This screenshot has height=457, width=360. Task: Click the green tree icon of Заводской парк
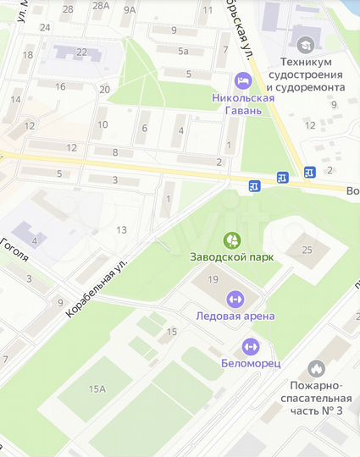pyautogui.click(x=230, y=241)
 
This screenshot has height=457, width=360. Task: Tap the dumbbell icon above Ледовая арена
pyautogui.click(x=235, y=299)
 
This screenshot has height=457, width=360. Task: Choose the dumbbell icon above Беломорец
pyautogui.click(x=250, y=346)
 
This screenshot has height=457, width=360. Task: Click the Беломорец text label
pyautogui.click(x=250, y=363)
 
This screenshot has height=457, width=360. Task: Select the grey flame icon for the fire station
pyautogui.click(x=316, y=368)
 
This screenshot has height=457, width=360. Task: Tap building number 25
pyautogui.click(x=307, y=249)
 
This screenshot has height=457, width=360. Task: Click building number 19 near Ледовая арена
pyautogui.click(x=213, y=279)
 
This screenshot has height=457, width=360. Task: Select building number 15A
pyautogui.click(x=97, y=388)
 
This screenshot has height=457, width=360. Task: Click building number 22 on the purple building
pyautogui.click(x=81, y=52)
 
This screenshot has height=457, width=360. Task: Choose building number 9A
pyautogui.click(x=129, y=10)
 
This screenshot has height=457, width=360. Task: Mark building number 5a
pyautogui.click(x=183, y=51)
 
